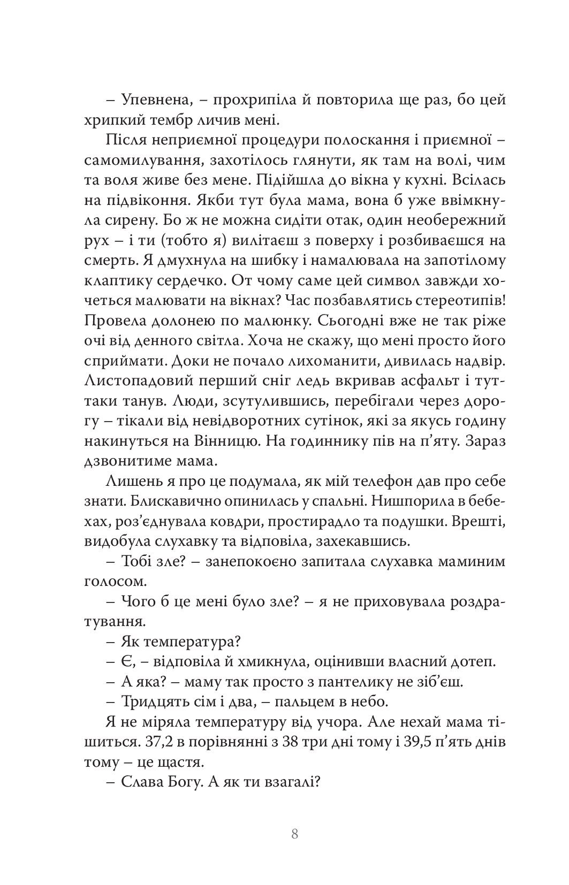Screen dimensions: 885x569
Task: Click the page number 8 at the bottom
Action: (294, 835)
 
